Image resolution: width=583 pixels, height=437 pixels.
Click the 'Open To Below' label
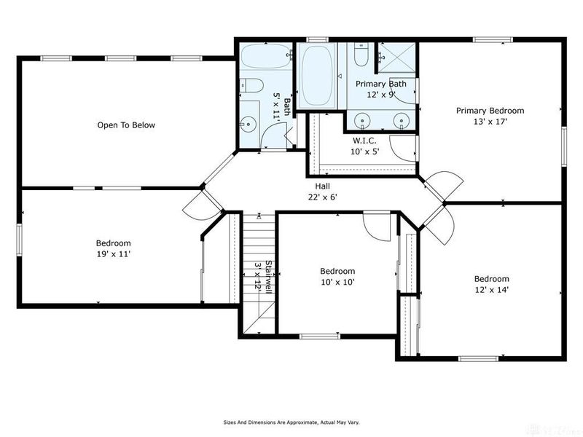pos(126,125)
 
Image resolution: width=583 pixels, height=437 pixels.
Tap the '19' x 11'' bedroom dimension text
pos(113,254)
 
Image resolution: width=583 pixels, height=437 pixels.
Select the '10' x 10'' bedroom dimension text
pos(337,282)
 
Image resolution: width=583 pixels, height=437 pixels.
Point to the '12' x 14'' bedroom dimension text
pos(491,290)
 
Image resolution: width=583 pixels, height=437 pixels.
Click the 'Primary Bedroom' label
pos(490,111)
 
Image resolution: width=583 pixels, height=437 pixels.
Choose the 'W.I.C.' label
pos(364,140)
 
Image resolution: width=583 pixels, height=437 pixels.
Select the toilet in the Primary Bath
pos(361,55)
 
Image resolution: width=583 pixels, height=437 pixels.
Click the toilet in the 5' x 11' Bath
pos(252,86)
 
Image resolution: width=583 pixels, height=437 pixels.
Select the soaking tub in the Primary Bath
pos(317,74)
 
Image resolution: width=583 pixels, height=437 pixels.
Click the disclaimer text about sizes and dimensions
pos(291,422)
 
